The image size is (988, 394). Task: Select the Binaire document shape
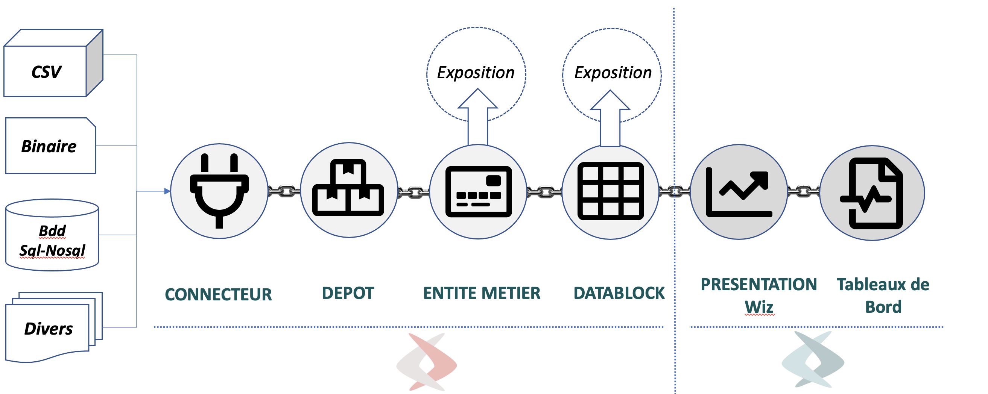50,146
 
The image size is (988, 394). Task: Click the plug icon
219,191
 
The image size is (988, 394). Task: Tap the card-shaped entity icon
478,192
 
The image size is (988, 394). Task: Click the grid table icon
610,191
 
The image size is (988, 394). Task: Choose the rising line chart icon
738,192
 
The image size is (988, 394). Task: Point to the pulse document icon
872,193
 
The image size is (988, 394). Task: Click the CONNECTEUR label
218,294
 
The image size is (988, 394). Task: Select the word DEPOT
348,293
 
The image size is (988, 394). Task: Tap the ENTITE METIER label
481,293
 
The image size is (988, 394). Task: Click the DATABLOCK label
619,293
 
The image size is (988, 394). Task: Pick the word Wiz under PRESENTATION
758,307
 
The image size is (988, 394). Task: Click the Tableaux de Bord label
883,295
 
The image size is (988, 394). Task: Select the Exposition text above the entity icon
476,73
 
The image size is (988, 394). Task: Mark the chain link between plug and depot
284,191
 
